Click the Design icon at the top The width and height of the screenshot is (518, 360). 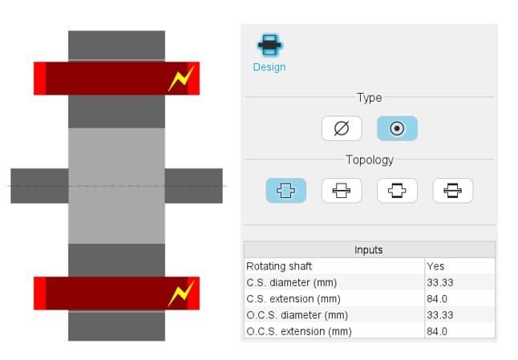click(269, 45)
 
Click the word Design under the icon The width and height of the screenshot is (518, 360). click(269, 67)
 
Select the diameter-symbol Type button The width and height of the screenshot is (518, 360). click(342, 128)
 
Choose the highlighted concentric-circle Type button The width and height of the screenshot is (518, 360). click(397, 128)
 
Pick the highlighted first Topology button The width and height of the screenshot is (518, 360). click(285, 191)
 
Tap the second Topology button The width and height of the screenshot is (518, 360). click(342, 191)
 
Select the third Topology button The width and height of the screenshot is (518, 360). click(397, 191)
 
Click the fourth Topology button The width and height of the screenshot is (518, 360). click(453, 191)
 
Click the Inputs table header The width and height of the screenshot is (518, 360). click(370, 249)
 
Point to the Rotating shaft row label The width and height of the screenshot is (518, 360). click(279, 266)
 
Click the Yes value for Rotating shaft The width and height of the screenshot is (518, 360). click(435, 266)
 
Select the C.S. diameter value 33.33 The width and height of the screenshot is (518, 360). click(439, 282)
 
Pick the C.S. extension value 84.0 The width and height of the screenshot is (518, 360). click(437, 298)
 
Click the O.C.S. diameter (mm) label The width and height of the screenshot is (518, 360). click(297, 315)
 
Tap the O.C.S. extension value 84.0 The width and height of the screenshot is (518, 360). click(437, 331)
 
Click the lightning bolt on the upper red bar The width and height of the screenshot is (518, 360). click(181, 79)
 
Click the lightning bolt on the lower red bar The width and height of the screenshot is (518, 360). click(181, 293)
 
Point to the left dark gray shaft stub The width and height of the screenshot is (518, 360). click(39, 186)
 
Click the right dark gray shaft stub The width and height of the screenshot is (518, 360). click(193, 186)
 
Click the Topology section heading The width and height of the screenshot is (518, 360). click(370, 160)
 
